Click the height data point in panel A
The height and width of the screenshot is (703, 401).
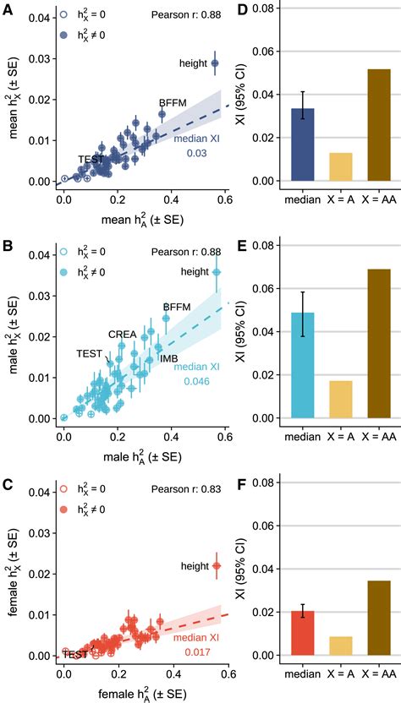215,63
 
